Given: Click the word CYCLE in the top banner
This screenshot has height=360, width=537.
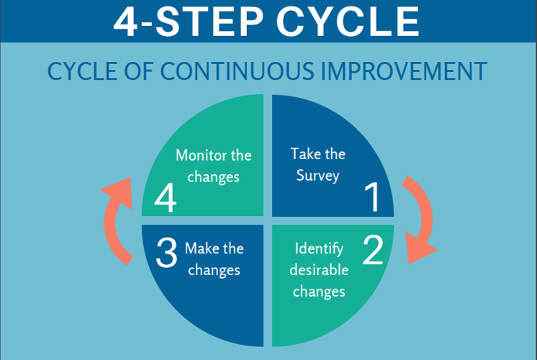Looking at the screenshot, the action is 348,21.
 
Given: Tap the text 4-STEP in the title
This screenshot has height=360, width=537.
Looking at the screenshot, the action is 189,21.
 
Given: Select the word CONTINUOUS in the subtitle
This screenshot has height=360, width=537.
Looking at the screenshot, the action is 237,71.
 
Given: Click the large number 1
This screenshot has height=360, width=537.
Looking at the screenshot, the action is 373,197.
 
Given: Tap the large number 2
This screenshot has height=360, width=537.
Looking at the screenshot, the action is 373,250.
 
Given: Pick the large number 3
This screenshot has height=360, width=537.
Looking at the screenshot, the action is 166,253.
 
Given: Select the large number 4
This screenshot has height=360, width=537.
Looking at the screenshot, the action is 166,198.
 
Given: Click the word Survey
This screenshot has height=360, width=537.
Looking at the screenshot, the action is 318,176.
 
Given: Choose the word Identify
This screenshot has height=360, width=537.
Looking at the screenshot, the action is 319,248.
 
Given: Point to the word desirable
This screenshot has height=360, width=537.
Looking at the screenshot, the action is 319,269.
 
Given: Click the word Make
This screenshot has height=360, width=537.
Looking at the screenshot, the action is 200,248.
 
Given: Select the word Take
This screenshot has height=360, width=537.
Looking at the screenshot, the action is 304,154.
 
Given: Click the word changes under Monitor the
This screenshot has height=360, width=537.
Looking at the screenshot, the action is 213,177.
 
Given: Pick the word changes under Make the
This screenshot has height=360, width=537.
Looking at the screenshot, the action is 214,271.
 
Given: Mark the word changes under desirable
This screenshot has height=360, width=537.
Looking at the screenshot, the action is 319,292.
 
